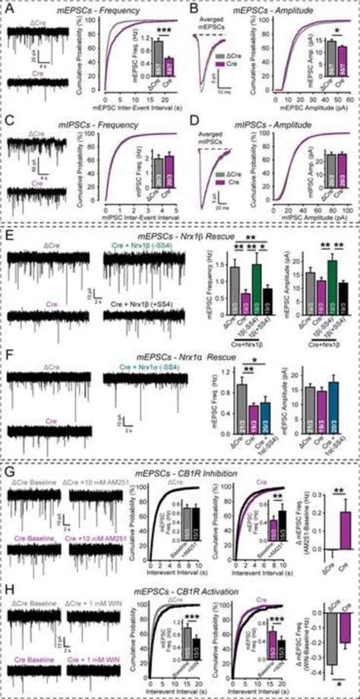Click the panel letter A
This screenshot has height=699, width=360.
coord(9,9)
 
